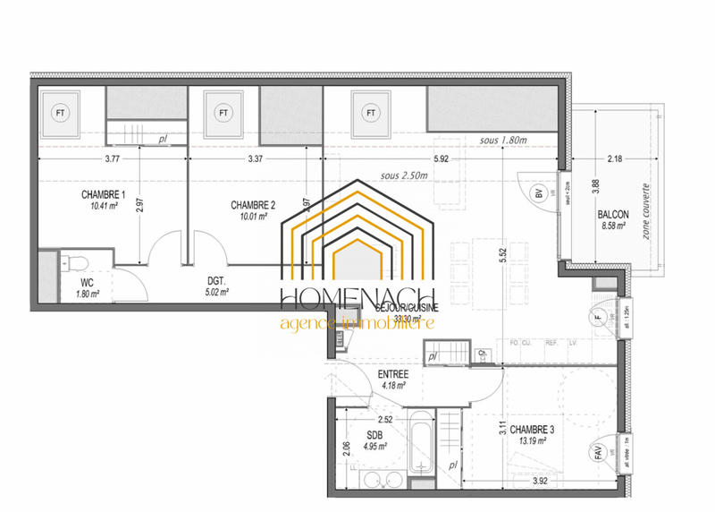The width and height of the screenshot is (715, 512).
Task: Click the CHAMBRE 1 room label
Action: point(103,195)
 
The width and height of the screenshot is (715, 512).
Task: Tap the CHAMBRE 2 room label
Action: point(252,205)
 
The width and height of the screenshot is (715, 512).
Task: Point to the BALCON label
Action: point(615,215)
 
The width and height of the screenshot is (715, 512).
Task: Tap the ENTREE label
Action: point(392,374)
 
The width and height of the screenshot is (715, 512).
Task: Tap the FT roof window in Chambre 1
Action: point(61,114)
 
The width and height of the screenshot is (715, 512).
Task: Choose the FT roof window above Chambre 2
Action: point(223,114)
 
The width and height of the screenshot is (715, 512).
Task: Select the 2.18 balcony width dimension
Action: point(614,160)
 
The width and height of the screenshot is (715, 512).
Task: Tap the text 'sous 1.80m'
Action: point(503,141)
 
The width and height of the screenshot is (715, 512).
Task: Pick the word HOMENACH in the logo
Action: point(357,299)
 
